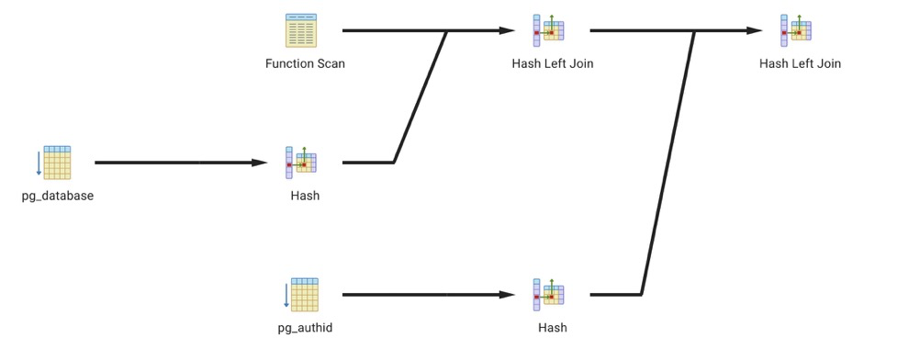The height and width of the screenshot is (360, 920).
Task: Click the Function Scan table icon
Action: click(301, 30)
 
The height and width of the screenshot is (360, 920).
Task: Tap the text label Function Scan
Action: click(305, 63)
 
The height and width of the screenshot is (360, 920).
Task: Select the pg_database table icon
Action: click(53, 163)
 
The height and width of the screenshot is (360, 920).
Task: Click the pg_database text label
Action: click(58, 197)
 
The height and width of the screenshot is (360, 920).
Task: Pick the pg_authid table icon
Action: click(301, 295)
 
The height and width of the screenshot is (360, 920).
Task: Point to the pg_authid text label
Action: click(305, 328)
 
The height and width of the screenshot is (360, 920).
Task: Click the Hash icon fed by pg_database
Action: click(301, 163)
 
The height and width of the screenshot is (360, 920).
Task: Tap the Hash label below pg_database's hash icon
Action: click(305, 197)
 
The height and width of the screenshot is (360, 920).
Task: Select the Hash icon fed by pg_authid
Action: click(548, 295)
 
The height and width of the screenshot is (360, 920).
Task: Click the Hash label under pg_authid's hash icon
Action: click(553, 328)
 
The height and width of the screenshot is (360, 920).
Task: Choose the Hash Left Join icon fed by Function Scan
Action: click(548, 30)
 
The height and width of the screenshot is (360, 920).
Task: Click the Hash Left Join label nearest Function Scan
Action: click(553, 63)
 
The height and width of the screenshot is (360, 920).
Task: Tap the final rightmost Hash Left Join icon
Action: click(796, 30)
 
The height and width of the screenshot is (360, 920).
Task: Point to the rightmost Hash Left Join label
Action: click(801, 63)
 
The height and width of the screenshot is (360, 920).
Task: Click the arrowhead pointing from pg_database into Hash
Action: click(260, 163)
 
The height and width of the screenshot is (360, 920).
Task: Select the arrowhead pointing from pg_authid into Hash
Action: click(507, 295)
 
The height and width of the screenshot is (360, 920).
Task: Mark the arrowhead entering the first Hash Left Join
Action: click(507, 30)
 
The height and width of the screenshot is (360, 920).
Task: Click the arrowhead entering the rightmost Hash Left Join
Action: click(755, 30)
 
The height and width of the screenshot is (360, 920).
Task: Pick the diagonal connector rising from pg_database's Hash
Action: click(421, 96)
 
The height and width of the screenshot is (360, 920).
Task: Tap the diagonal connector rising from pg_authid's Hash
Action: click(668, 163)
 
